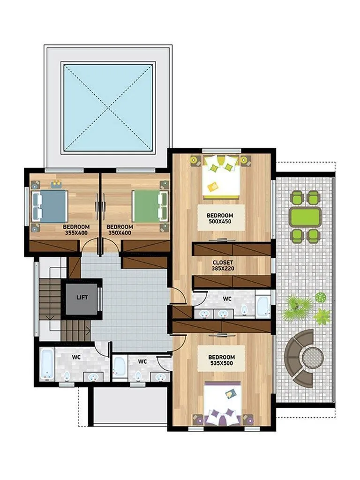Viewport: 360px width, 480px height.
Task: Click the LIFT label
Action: tap(82, 297)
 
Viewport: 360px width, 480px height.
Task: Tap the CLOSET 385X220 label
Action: tap(223, 265)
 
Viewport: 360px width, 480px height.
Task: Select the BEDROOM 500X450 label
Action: tap(220, 218)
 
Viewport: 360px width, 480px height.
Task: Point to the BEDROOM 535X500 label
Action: tap(222, 360)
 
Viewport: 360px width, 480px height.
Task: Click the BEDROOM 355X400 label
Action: tap(76, 230)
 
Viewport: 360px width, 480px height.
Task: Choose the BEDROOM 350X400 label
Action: tap(120, 230)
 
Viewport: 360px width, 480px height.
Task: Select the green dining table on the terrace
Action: tap(305, 217)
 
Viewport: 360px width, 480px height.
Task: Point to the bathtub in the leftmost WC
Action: tap(47, 364)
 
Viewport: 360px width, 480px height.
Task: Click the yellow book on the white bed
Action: tap(212, 186)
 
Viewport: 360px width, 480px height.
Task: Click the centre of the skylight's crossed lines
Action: tap(108, 107)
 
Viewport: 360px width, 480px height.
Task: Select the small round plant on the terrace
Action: tap(320, 297)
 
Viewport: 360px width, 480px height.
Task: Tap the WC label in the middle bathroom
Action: tap(142, 361)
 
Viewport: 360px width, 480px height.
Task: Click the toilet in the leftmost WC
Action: tap(67, 375)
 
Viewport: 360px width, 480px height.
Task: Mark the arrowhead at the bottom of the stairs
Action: tap(89, 330)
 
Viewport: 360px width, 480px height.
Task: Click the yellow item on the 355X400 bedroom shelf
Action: tap(56, 184)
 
